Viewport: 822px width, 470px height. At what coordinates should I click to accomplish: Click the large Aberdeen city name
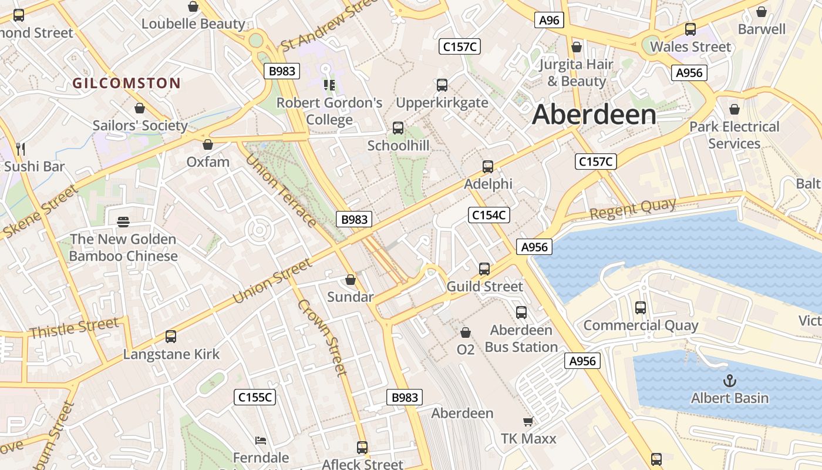[x=594, y=115]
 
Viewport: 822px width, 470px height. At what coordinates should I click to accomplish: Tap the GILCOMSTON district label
[x=126, y=83]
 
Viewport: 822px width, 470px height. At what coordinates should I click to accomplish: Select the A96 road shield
[x=550, y=20]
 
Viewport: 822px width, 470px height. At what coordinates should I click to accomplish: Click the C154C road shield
[x=489, y=215]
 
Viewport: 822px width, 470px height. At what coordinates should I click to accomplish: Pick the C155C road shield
[x=255, y=397]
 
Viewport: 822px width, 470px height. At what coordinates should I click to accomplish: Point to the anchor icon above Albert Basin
[x=729, y=381]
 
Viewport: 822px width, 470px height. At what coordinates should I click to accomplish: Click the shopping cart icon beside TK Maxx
[x=528, y=421]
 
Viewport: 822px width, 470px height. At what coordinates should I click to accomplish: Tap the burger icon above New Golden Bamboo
[x=123, y=222]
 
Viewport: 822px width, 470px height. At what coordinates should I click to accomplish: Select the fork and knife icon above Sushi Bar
[x=21, y=148]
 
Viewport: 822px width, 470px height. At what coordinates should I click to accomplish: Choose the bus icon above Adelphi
[x=487, y=167]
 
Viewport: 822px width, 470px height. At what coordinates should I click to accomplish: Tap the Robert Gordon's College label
[x=329, y=111]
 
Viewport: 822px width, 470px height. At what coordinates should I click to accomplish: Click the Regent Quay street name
[x=632, y=209]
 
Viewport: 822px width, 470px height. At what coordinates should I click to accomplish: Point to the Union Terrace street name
[x=281, y=190]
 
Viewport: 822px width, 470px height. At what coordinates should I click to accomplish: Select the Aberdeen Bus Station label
[x=521, y=338]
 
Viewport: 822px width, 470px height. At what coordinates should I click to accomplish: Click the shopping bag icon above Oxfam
[x=207, y=145]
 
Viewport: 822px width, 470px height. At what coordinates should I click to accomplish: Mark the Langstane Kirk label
[x=171, y=354]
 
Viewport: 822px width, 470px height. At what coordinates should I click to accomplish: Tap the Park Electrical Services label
[x=734, y=135]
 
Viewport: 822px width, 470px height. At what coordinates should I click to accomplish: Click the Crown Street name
[x=322, y=337]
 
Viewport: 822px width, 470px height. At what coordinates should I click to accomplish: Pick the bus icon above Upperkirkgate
[x=442, y=85]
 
